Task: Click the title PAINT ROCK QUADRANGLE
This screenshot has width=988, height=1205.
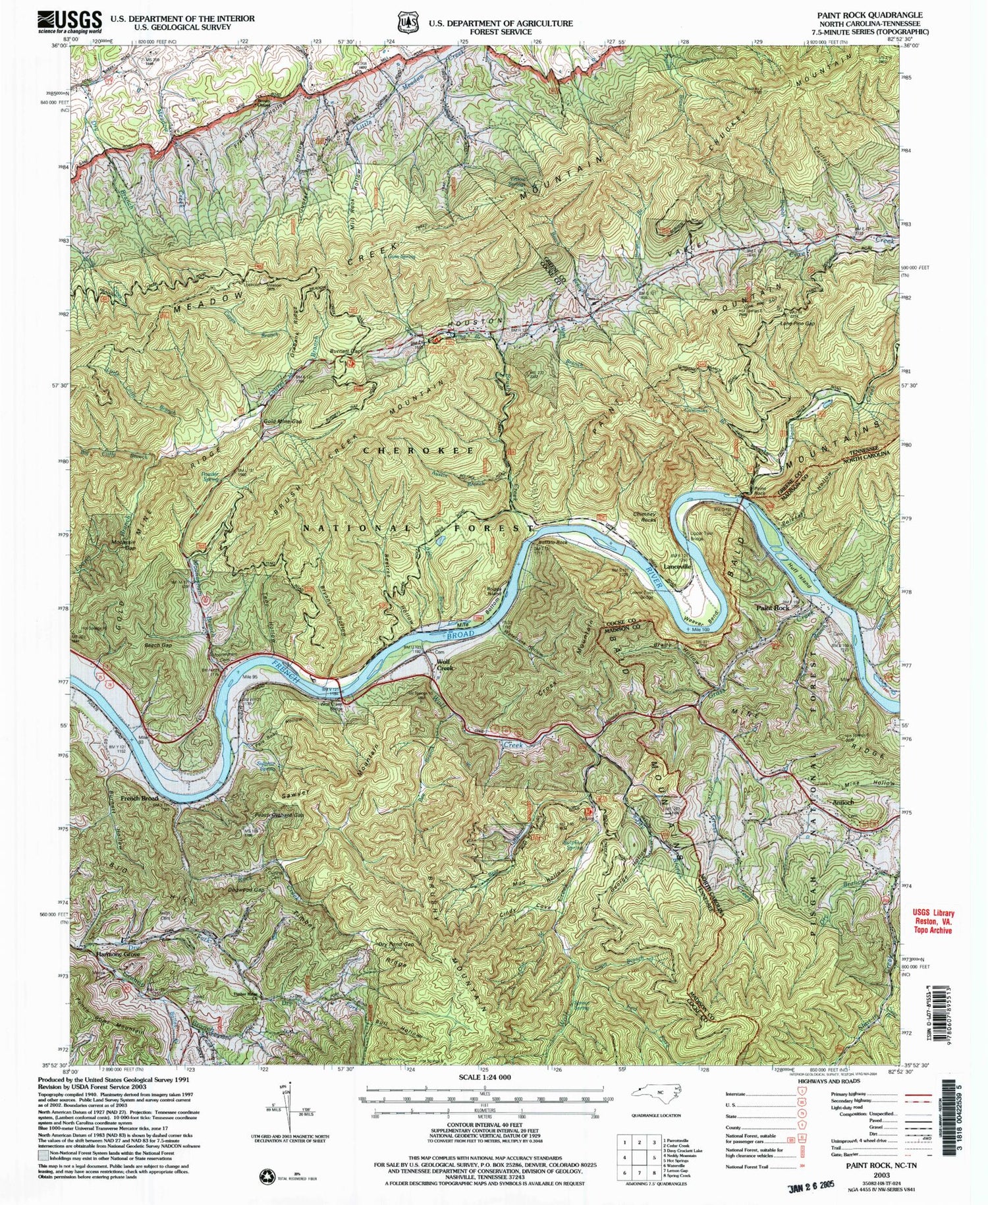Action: coord(859,14)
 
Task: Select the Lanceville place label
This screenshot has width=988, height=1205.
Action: coord(677,566)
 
